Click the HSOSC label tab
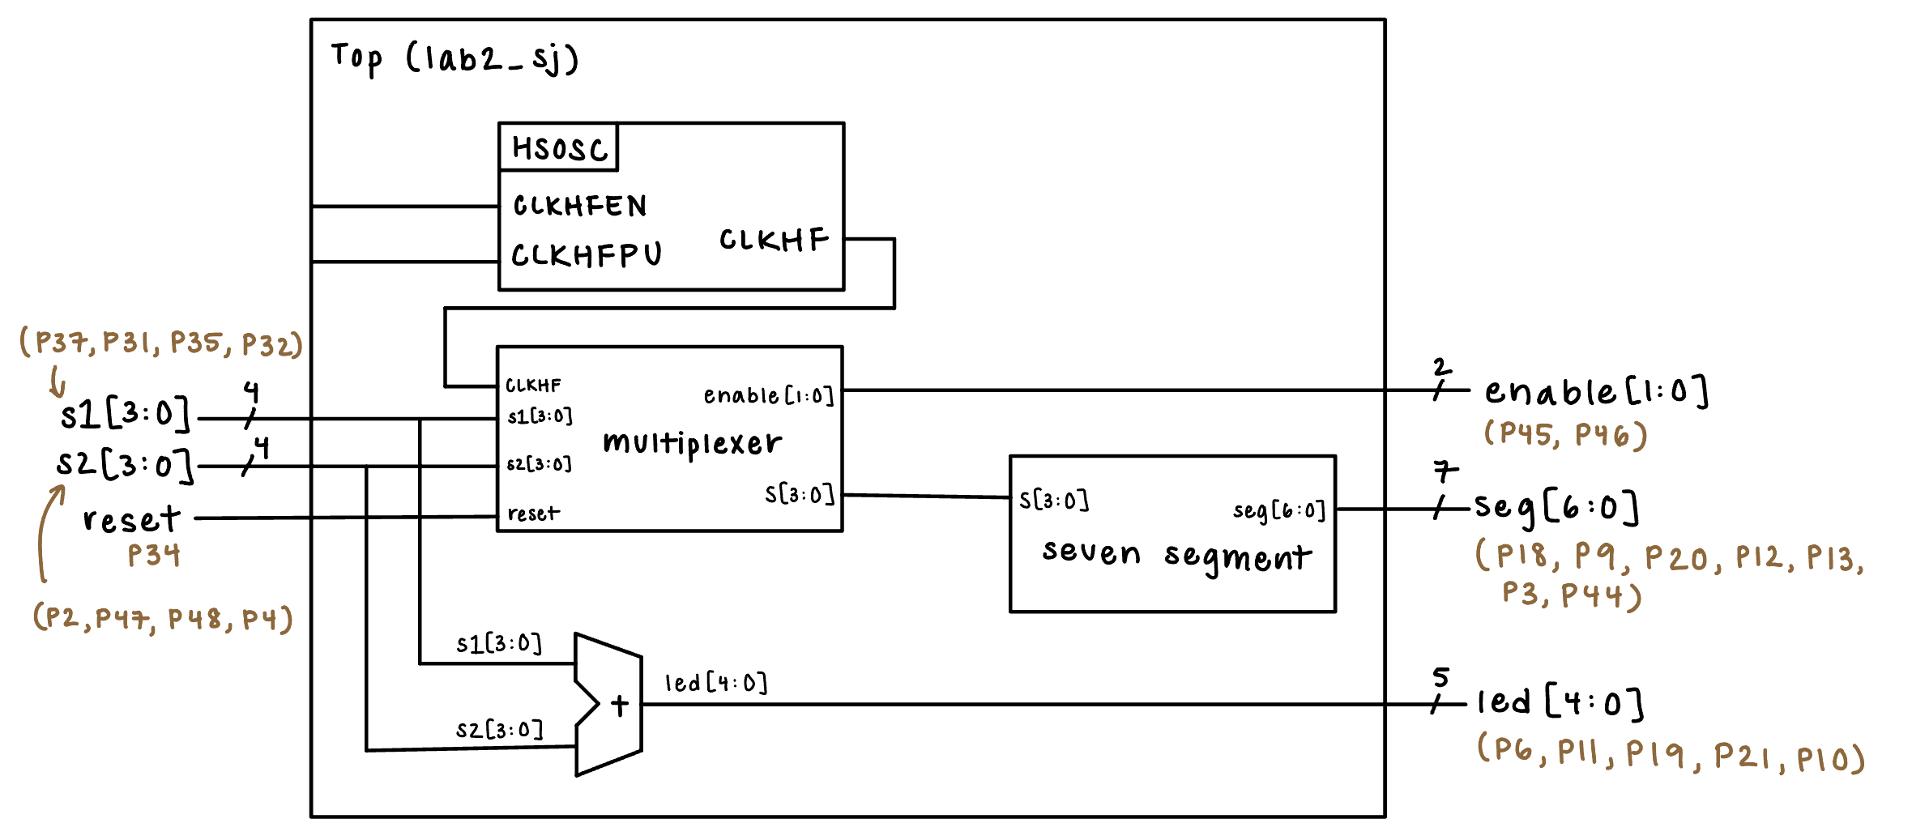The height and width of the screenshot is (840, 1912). point(559,148)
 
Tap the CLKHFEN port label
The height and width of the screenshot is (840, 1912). point(580,206)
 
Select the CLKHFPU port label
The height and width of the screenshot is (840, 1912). point(587,255)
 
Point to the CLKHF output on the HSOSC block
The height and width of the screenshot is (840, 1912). point(774,240)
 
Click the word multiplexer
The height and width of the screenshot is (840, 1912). point(693,443)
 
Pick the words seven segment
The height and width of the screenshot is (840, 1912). point(1176,555)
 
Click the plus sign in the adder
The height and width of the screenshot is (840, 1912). point(620,705)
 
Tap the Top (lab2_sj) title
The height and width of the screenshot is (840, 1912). point(455,58)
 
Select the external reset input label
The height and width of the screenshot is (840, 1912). point(131,519)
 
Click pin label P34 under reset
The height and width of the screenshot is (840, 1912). point(154,556)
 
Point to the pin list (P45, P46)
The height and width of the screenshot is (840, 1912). point(1565,435)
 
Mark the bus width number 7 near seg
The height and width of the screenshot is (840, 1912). point(1445,471)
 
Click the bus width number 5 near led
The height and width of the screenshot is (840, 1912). point(1440,677)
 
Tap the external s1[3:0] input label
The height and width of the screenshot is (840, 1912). point(125,415)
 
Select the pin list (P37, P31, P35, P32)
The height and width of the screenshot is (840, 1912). point(161,343)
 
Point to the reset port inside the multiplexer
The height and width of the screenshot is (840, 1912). point(533,514)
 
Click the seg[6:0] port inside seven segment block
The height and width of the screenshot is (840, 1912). point(1278,510)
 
